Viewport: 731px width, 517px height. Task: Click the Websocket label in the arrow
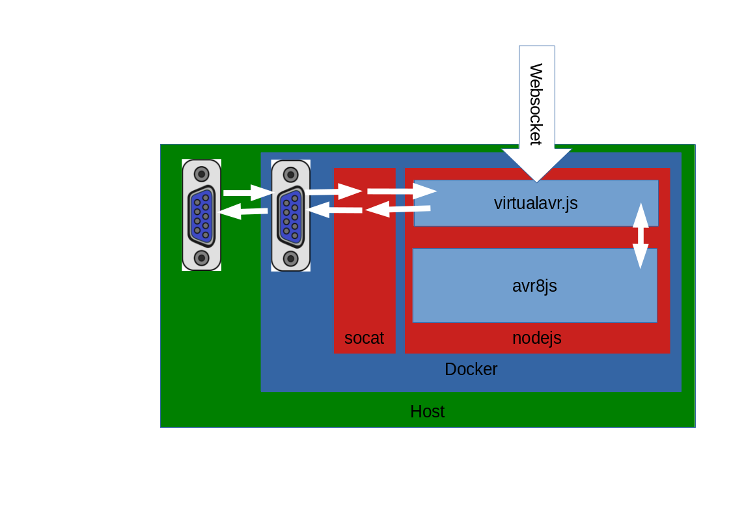click(536, 104)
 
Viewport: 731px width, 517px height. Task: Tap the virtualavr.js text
click(536, 203)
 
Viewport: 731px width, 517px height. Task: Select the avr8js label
click(534, 286)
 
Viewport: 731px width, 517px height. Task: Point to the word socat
click(364, 338)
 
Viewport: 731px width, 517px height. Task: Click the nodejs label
click(536, 338)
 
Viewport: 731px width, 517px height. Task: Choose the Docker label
click(471, 369)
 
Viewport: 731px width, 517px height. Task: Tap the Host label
click(427, 412)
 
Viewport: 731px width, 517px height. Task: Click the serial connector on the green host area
click(202, 215)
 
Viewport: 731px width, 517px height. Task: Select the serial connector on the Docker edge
click(291, 216)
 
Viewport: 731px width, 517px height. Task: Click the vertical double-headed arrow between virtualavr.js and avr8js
click(641, 235)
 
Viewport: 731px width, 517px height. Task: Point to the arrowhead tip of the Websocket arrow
click(536, 180)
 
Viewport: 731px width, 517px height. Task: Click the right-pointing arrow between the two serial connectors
click(247, 192)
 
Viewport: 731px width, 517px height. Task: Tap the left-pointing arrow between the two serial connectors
click(243, 211)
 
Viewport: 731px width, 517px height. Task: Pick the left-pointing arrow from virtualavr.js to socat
click(397, 209)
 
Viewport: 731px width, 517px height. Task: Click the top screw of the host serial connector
click(202, 174)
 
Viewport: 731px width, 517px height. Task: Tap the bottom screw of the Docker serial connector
click(291, 258)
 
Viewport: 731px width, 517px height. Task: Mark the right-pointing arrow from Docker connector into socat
click(335, 191)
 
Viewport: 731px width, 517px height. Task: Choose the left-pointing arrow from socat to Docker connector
click(335, 210)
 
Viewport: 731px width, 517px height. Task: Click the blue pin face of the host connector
click(202, 216)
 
